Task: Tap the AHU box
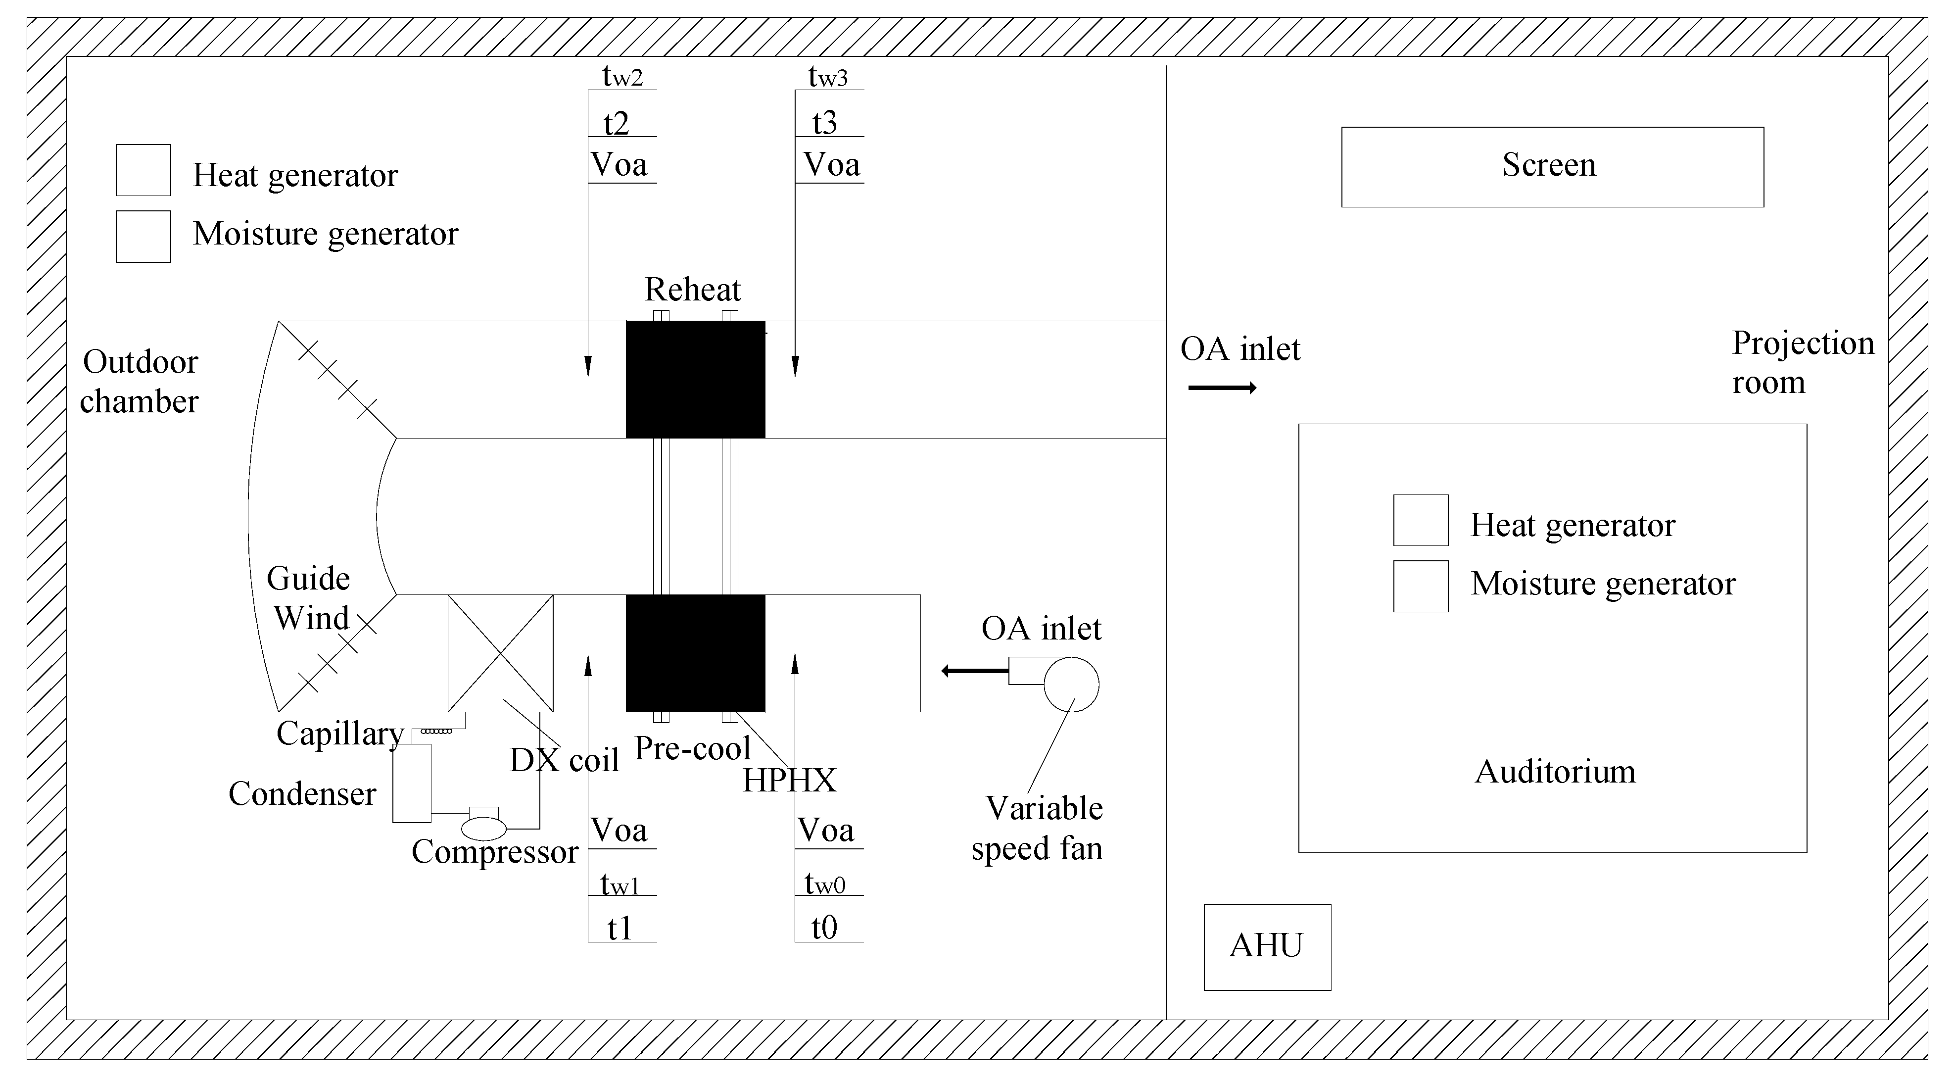point(1267,946)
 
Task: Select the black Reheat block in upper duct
point(695,380)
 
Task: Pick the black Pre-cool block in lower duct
point(695,653)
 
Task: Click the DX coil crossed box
point(500,653)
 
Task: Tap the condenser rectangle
point(411,783)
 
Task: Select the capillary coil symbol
point(436,731)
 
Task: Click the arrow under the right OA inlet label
point(1221,388)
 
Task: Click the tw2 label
point(622,77)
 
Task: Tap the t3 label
point(824,123)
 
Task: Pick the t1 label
point(619,928)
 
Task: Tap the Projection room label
point(1802,363)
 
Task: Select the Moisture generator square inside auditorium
point(1420,586)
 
